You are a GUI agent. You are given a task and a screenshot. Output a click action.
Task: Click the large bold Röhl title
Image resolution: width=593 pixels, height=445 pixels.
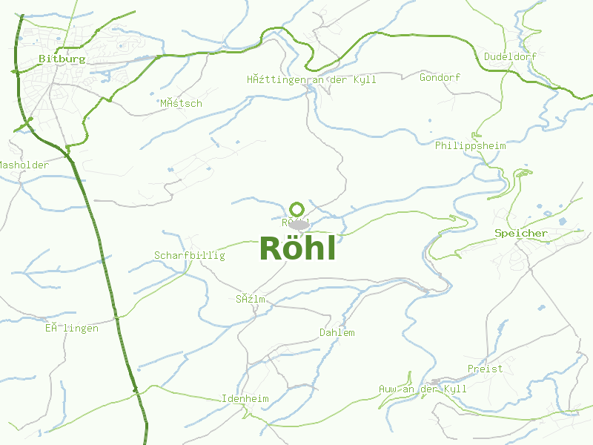click(298, 249)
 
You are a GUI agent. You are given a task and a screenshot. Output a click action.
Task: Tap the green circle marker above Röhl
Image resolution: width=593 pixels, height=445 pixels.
click(297, 209)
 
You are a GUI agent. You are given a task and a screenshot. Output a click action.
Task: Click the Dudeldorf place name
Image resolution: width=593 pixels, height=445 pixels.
click(510, 56)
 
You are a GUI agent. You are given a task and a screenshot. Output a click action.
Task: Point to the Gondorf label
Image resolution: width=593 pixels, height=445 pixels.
click(440, 77)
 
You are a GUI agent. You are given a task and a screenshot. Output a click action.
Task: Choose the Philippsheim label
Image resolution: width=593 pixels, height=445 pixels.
click(470, 145)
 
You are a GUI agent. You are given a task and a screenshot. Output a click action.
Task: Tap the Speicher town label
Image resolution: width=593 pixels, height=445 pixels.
click(521, 233)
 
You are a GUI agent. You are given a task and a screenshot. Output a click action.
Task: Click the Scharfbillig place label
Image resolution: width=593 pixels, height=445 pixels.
click(189, 255)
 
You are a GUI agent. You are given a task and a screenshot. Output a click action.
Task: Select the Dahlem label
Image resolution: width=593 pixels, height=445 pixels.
click(337, 332)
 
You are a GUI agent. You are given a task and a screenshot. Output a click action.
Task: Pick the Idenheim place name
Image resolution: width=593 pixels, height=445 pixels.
click(245, 398)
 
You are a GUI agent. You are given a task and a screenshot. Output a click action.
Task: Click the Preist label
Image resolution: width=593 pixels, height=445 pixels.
click(485, 368)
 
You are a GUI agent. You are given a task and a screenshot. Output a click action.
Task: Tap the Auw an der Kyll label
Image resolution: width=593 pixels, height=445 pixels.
click(423, 389)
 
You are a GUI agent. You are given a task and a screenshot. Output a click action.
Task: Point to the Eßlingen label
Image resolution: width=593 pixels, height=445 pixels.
click(71, 328)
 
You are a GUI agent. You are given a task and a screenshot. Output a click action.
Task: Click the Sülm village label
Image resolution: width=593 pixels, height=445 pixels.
click(250, 300)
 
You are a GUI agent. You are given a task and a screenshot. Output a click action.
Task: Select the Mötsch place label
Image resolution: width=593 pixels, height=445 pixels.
click(181, 103)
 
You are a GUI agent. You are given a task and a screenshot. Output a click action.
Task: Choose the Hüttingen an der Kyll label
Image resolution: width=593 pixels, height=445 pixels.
click(311, 79)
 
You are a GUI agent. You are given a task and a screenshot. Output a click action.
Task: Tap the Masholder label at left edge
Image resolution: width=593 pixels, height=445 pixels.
click(23, 165)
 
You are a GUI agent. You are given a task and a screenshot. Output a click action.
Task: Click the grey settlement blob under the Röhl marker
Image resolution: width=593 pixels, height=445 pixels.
click(299, 224)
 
